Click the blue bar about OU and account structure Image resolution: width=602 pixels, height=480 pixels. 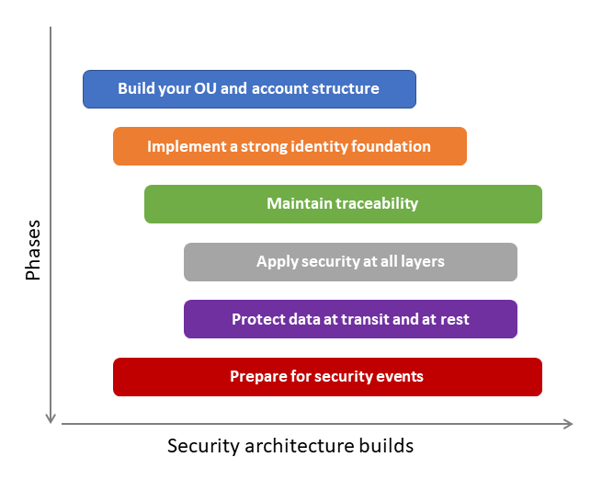point(249,89)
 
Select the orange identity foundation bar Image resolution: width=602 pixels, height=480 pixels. point(290,146)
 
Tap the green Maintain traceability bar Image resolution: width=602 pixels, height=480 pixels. point(343,204)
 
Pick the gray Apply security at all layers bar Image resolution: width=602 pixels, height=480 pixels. point(350,262)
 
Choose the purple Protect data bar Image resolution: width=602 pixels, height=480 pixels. point(350,319)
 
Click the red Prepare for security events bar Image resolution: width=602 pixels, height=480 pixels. point(327,377)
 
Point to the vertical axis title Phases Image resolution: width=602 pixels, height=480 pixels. point(33,249)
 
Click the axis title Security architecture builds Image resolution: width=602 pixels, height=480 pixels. point(290,446)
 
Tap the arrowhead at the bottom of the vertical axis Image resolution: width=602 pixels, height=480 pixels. point(51,418)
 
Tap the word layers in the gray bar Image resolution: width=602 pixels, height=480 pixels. point(422,262)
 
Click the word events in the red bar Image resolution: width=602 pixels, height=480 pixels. point(401,377)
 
